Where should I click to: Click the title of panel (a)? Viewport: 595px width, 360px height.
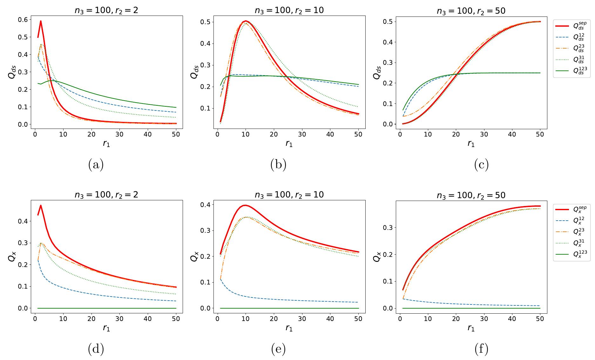coord(106,10)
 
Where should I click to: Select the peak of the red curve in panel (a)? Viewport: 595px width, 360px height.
coord(41,21)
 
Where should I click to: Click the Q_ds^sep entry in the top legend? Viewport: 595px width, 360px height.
coord(572,26)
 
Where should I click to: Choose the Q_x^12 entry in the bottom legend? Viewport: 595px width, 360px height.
coord(572,220)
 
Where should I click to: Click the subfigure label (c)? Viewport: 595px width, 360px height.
coord(481,165)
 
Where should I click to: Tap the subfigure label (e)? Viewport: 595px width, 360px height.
coord(278,349)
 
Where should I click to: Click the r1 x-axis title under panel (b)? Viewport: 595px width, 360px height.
coord(289,144)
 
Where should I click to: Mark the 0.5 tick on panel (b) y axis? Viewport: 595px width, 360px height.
coord(205,22)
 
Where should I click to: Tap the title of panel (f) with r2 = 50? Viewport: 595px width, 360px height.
coord(471,195)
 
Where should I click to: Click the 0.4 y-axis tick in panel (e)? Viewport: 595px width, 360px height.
coord(205,205)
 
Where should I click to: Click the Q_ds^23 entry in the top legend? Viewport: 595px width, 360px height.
coord(572,48)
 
